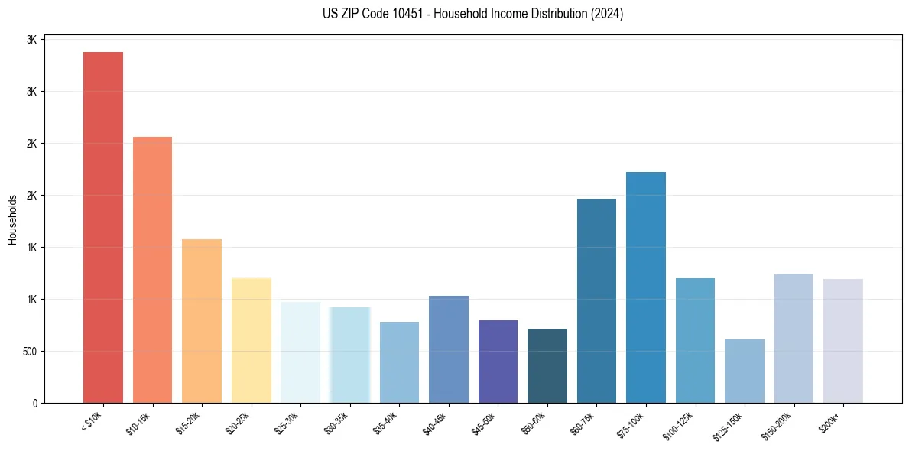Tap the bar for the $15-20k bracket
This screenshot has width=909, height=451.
click(x=202, y=321)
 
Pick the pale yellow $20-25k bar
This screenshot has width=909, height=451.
click(x=252, y=340)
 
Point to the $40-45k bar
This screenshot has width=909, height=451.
click(x=449, y=349)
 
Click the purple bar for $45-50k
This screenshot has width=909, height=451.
click(x=498, y=362)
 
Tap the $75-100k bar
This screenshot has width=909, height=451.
click(x=646, y=287)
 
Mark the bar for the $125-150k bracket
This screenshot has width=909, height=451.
click(x=745, y=371)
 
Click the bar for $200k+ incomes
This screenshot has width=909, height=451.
click(x=843, y=341)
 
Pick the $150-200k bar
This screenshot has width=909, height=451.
click(x=794, y=338)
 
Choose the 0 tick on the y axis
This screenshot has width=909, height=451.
click(x=34, y=403)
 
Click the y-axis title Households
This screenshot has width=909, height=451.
click(x=12, y=219)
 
